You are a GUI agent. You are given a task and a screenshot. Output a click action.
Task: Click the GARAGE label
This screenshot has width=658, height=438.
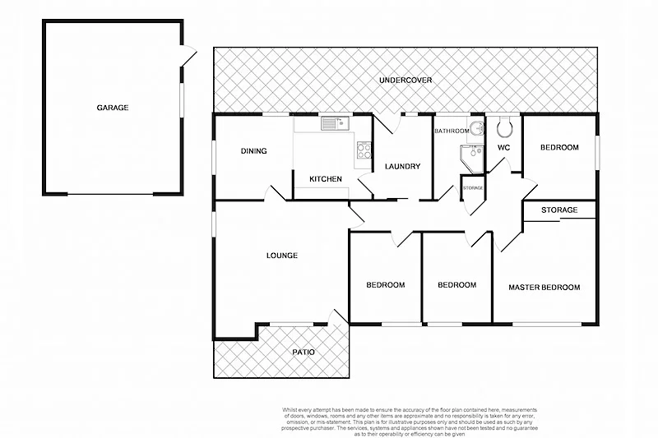(x=113, y=108)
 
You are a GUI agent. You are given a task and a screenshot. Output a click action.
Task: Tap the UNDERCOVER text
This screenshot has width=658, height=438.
(x=405, y=81)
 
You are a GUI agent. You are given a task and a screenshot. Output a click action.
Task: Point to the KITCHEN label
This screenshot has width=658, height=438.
(x=325, y=179)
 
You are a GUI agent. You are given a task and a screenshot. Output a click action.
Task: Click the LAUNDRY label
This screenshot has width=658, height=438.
(x=402, y=167)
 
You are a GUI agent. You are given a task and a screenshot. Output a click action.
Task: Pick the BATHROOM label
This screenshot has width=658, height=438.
(x=452, y=131)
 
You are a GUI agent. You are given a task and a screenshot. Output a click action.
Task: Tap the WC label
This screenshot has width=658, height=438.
(x=504, y=148)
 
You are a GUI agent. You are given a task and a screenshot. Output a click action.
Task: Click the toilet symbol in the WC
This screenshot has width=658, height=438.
(x=504, y=127)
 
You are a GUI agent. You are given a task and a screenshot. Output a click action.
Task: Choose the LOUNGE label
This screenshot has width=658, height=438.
(x=281, y=256)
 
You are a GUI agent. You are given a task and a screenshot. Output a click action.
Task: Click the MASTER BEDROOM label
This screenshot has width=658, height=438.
(x=544, y=288)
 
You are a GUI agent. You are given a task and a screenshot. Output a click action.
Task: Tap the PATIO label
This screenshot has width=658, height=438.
(x=304, y=353)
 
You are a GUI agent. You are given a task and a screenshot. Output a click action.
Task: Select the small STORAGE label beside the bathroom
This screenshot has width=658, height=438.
(x=473, y=188)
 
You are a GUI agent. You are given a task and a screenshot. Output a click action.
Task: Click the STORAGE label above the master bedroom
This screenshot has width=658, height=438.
(x=559, y=210)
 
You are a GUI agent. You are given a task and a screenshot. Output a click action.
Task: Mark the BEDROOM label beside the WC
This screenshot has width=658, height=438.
(x=559, y=148)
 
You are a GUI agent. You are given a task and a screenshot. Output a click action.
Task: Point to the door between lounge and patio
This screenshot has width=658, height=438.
(x=337, y=317)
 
